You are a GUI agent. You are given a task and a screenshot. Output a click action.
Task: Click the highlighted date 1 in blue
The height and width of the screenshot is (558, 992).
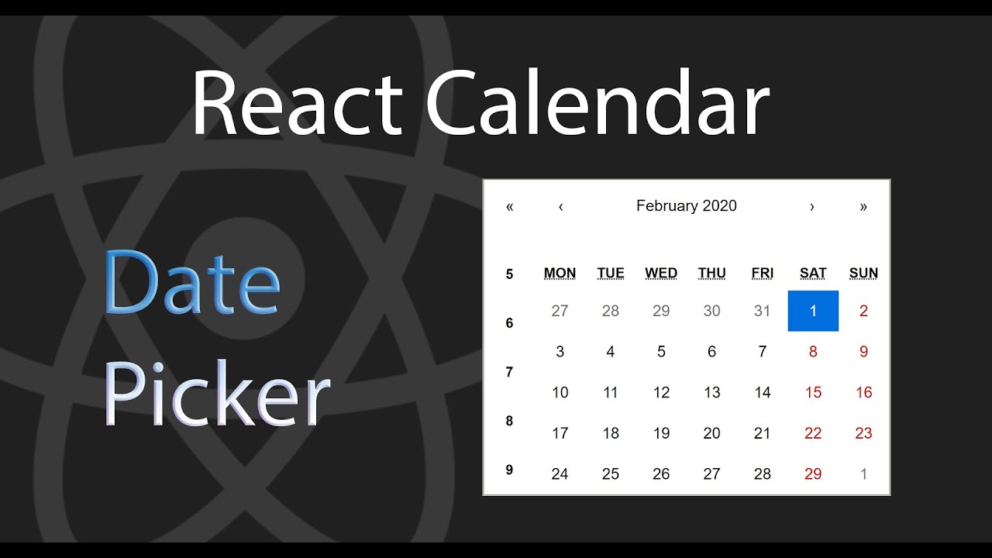tap(813, 311)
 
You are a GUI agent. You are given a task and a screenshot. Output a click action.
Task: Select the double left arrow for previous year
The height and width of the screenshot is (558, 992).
tap(509, 207)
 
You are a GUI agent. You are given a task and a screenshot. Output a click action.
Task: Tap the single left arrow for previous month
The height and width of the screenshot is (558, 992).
tap(560, 207)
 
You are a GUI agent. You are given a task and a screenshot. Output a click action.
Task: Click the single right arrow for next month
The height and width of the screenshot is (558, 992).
tap(811, 207)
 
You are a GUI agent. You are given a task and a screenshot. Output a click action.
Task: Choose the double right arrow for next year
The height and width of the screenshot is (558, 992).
tap(863, 207)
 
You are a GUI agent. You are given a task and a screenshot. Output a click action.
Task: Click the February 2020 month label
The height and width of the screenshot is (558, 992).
tap(687, 206)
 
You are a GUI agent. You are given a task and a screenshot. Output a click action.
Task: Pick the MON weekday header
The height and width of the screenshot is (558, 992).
tap(560, 273)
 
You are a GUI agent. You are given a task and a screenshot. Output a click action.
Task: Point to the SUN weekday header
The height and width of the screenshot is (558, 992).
tap(863, 273)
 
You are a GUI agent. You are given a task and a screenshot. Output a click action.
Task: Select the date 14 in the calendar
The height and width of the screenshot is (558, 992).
tap(763, 392)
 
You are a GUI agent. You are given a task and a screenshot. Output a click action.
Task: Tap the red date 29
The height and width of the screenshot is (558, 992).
tap(813, 474)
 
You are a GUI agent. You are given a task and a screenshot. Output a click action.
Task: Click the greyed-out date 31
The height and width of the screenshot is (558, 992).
tap(763, 311)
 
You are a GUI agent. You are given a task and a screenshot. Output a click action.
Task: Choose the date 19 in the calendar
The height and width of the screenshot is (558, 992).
tap(661, 433)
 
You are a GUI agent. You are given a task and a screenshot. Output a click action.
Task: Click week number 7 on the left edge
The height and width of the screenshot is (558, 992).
tap(509, 372)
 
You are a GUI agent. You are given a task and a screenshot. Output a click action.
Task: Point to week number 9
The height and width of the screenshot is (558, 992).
tap(509, 470)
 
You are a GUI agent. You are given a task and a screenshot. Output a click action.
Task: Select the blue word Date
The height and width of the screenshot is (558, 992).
tap(191, 283)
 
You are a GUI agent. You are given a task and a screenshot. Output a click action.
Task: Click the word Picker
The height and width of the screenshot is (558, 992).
tap(217, 395)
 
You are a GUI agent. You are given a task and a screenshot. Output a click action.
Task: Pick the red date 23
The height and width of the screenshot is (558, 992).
tap(863, 433)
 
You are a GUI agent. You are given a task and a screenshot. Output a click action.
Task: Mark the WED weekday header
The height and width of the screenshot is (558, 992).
tap(661, 273)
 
